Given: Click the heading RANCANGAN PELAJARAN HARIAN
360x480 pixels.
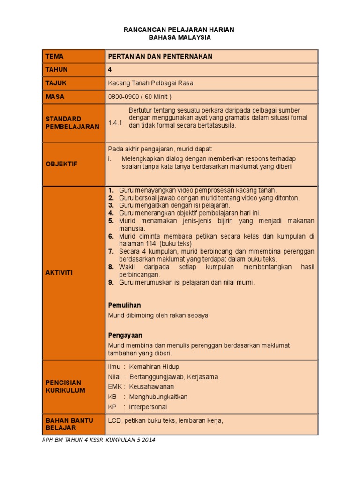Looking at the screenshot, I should (179, 30).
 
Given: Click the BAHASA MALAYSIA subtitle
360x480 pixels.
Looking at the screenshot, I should (179, 37).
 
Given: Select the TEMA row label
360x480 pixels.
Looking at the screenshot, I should (54, 56).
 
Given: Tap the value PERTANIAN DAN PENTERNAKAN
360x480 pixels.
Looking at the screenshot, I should (160, 56).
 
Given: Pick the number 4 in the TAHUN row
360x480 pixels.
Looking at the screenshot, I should (110, 69).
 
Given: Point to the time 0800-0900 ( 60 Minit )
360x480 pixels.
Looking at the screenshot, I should (140, 97).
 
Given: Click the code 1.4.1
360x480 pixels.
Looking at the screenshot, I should (115, 123).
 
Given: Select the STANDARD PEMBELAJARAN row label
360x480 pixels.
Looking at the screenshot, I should (72, 123).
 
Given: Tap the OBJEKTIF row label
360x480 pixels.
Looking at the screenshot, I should (61, 164).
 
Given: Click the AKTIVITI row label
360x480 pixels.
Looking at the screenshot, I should (59, 273).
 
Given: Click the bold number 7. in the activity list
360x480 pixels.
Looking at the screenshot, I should (111, 252).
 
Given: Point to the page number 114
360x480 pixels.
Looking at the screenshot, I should (152, 244).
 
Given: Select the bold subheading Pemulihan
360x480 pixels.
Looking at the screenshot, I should (124, 305).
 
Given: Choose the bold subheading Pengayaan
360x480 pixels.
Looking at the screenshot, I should (125, 335).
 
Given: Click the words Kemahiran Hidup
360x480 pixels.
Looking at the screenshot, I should (154, 367).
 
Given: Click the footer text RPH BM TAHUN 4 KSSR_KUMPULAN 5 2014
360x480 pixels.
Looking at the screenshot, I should (99, 440).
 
